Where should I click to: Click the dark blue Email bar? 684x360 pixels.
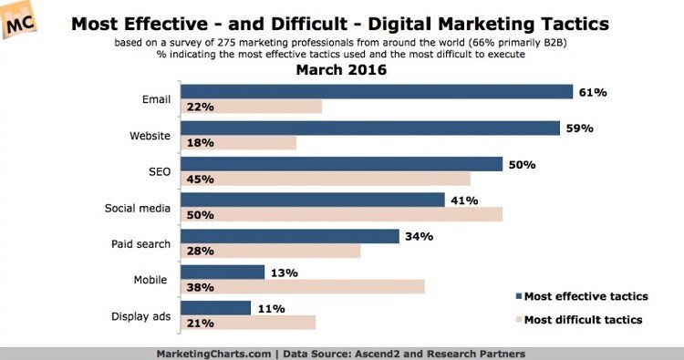click(x=377, y=91)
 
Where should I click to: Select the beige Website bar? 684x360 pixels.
click(x=238, y=142)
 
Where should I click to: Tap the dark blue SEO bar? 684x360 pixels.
click(x=342, y=164)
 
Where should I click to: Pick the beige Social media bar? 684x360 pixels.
click(x=342, y=214)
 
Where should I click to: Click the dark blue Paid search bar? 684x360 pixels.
click(x=290, y=236)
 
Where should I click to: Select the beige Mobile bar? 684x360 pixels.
click(x=302, y=287)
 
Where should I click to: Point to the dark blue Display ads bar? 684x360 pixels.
click(x=215, y=308)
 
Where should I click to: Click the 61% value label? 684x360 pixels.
click(x=593, y=92)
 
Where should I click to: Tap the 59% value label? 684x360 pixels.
click(x=580, y=129)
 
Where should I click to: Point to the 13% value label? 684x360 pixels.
click(x=284, y=273)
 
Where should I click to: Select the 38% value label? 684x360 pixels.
click(x=201, y=287)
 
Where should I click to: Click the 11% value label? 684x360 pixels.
click(x=272, y=309)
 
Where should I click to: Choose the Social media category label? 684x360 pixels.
click(x=138, y=208)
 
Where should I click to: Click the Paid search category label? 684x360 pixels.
click(x=140, y=244)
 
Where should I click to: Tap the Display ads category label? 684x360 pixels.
click(x=140, y=316)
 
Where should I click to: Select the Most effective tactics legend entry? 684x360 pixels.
click(x=582, y=296)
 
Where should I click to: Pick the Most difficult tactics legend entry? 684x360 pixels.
click(x=579, y=320)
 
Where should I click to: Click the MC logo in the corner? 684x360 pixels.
click(x=18, y=21)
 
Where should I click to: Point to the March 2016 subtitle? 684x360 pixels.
click(x=341, y=70)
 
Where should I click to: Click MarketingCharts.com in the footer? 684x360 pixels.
click(x=213, y=354)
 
